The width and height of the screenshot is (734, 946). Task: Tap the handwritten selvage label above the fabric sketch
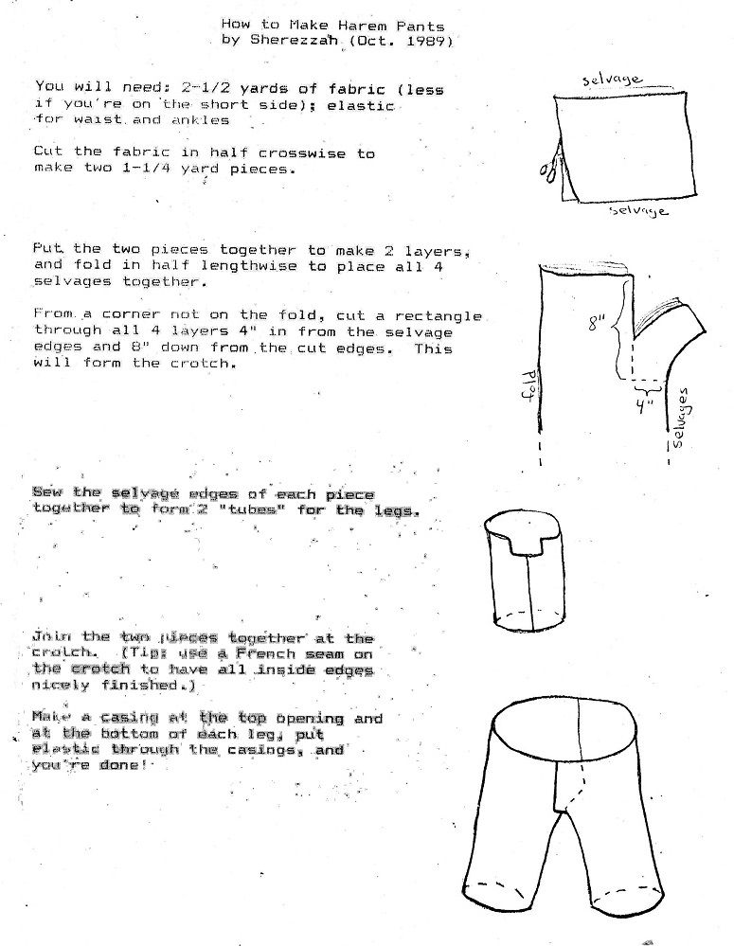tap(613, 80)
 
